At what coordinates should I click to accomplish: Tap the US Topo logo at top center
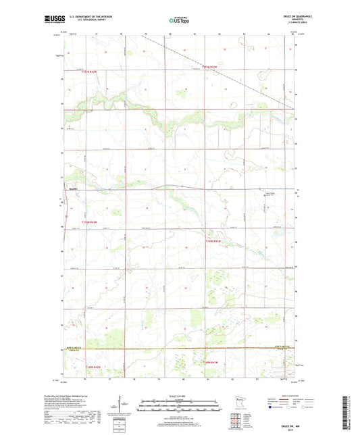coord(180,21)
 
